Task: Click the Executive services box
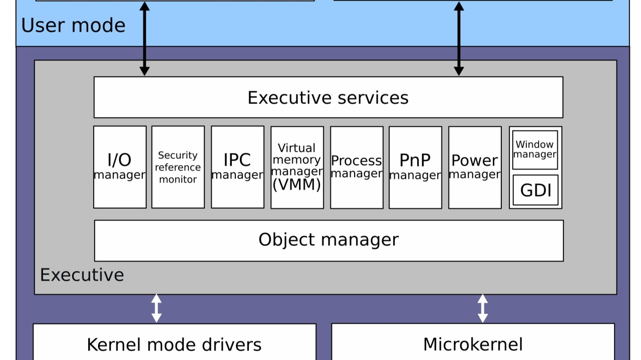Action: [328, 97]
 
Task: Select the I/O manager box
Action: [120, 167]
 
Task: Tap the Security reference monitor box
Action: [178, 167]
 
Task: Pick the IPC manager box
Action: [237, 167]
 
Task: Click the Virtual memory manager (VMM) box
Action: [297, 167]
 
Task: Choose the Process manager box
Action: [357, 167]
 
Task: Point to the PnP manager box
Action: [415, 167]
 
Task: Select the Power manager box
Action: [475, 167]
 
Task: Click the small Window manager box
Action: [535, 150]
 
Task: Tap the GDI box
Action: [535, 190]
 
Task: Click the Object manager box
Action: [329, 240]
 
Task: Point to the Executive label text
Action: [82, 275]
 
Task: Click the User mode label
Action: [73, 26]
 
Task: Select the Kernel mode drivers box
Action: [174, 344]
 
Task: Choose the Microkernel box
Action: [473, 343]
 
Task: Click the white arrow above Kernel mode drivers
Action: [156, 308]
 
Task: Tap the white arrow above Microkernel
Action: [482, 308]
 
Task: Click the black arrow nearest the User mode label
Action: [144, 38]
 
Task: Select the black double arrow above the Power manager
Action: [459, 38]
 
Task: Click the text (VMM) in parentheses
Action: [296, 185]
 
